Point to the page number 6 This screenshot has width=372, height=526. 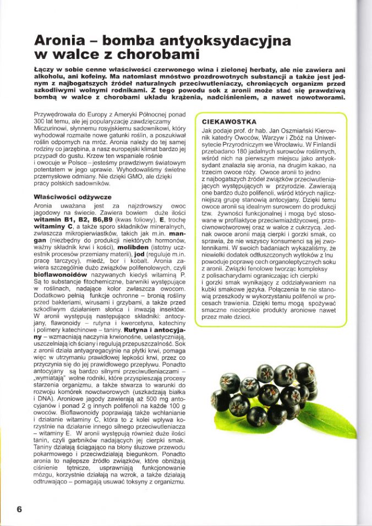point(19,508)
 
